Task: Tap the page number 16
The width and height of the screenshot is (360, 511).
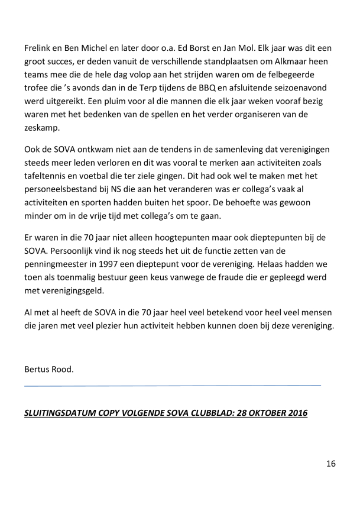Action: (x=330, y=464)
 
